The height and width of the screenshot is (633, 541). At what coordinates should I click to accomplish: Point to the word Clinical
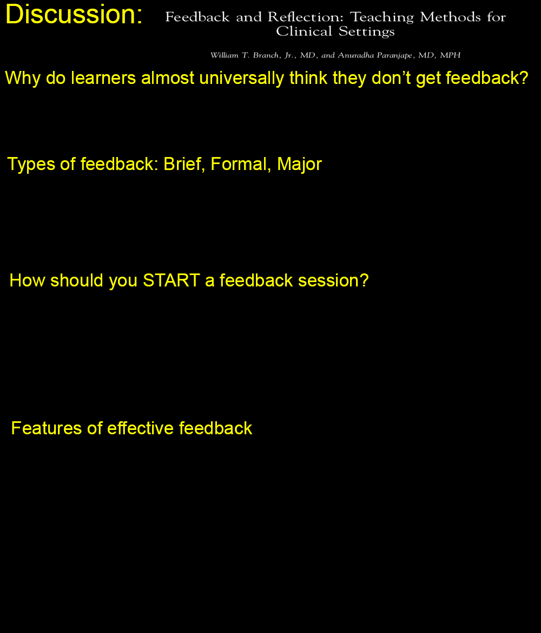(304, 31)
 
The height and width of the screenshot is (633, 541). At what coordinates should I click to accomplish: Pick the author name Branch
(266, 55)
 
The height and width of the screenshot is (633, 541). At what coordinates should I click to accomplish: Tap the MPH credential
(450, 55)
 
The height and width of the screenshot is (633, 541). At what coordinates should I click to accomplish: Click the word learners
(103, 78)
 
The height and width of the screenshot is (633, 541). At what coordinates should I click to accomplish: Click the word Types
(31, 165)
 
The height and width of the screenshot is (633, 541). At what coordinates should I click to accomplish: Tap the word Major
(299, 165)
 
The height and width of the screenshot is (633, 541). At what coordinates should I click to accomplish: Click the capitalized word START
(171, 280)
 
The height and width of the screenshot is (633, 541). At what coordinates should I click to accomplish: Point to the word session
(333, 280)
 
